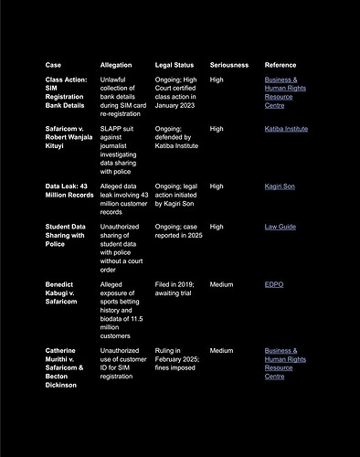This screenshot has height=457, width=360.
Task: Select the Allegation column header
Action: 116,65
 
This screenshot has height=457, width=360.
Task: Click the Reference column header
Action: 281,65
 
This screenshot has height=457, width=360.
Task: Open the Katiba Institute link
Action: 286,129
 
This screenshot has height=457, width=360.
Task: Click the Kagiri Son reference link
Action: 281,186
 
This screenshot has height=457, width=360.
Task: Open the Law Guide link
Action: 281,227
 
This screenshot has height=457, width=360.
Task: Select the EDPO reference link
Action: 274,284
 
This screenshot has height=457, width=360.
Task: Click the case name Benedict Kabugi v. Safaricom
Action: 66,292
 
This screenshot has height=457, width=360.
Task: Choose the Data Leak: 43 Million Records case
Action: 69,190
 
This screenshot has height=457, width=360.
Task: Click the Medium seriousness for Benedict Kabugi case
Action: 221,284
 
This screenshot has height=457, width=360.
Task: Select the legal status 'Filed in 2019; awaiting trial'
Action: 175,289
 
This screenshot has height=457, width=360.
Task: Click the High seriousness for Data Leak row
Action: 217,186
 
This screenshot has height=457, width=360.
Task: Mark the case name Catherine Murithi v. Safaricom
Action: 68,367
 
